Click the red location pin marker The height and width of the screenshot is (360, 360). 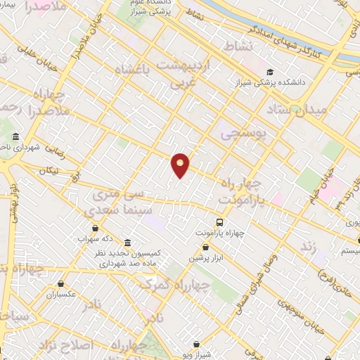click(x=181, y=165)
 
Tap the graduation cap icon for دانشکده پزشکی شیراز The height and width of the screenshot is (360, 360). click(x=271, y=72)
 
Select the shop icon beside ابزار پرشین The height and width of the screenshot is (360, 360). click(x=205, y=247)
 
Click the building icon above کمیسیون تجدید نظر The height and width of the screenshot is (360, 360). click(x=127, y=242)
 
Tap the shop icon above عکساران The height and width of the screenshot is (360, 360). click(x=61, y=285)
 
